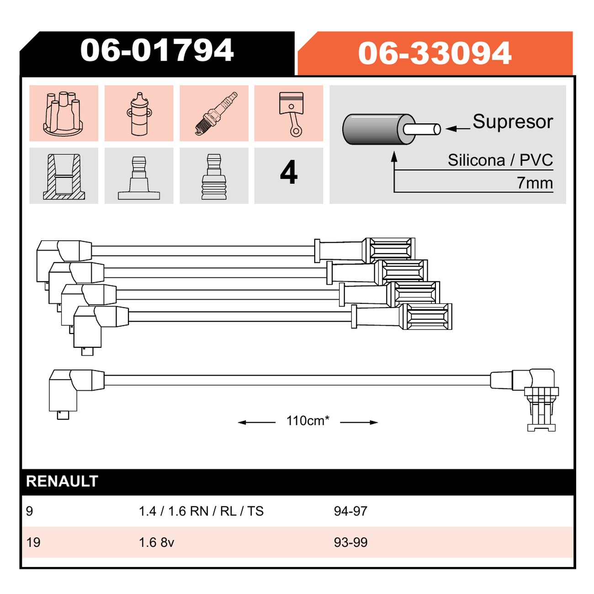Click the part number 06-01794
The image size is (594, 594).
[157, 50]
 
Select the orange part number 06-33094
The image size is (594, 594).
[435, 53]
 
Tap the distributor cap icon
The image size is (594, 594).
[63, 113]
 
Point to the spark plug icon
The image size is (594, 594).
[216, 113]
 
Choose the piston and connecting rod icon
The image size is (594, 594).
[291, 114]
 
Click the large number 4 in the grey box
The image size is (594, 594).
[288, 172]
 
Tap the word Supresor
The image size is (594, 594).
[513, 122]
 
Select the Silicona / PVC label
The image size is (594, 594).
[500, 160]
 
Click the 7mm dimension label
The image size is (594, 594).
[535, 183]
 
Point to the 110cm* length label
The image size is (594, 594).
[308, 420]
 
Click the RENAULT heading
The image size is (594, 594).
[62, 481]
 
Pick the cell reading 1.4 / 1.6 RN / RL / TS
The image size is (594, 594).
[201, 511]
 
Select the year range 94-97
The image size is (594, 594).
[350, 511]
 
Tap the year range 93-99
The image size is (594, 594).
[350, 542]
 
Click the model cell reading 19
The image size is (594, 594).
[33, 542]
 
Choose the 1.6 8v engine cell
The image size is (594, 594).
[156, 542]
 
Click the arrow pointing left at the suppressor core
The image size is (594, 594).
[458, 128]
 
